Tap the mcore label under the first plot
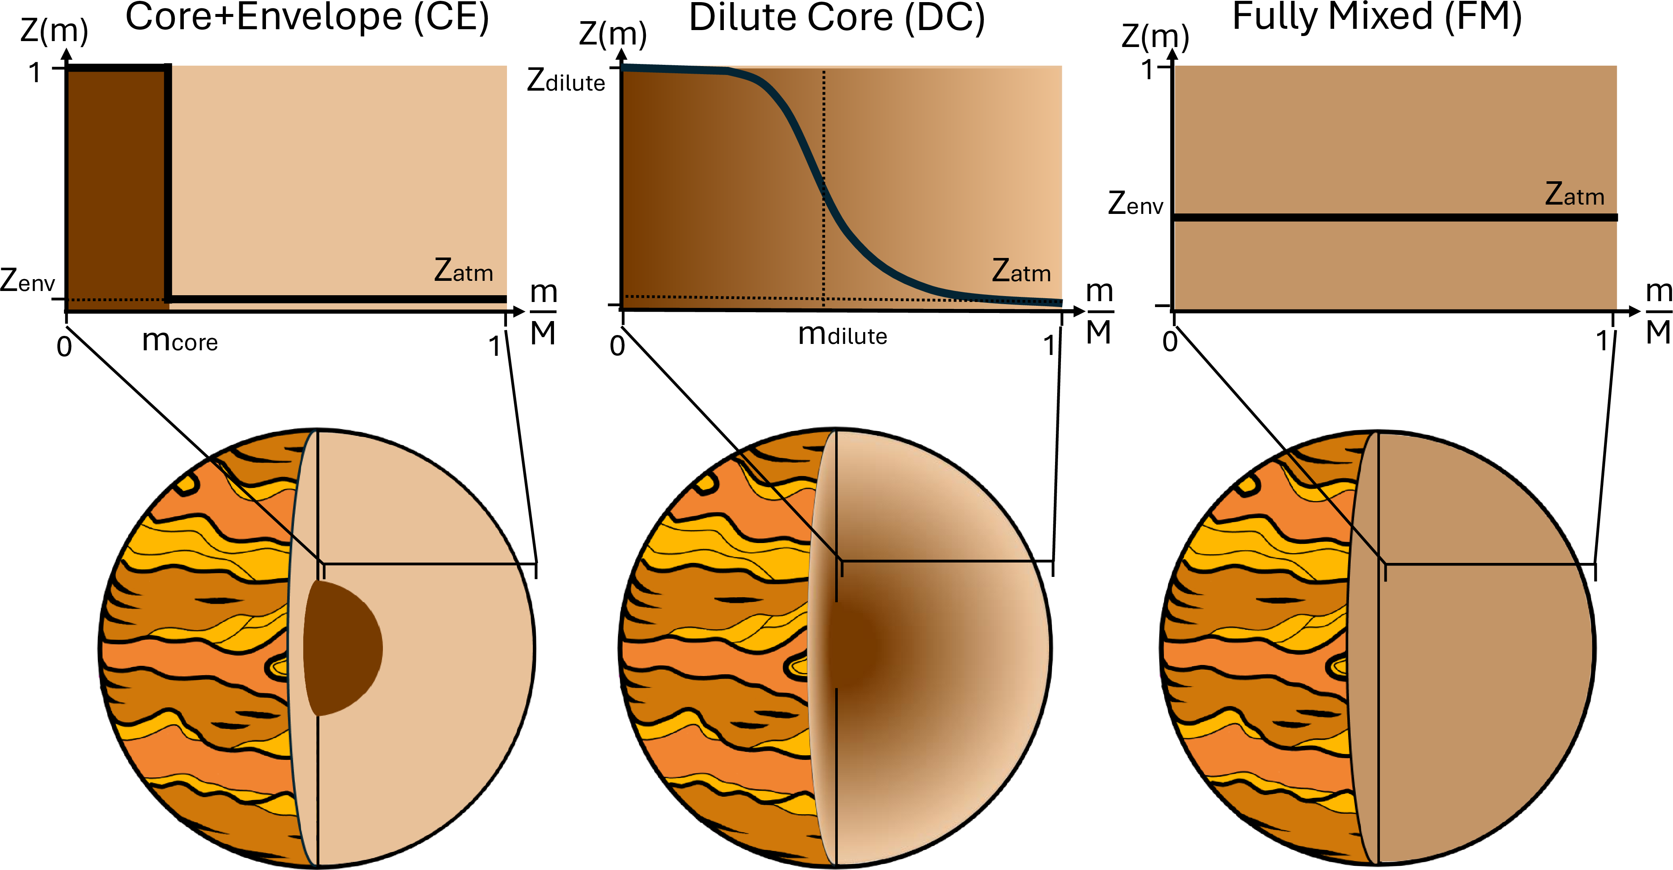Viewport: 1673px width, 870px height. tap(180, 340)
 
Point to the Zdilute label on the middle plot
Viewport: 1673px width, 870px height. tap(566, 81)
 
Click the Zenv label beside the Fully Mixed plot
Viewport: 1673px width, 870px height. tap(1135, 203)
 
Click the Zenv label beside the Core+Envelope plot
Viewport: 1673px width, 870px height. tap(28, 280)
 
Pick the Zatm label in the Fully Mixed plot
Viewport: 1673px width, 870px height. tap(1574, 194)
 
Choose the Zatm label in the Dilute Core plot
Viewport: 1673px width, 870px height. tap(1021, 271)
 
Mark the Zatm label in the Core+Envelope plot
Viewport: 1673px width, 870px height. tap(463, 271)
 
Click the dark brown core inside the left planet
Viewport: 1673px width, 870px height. tap(341, 648)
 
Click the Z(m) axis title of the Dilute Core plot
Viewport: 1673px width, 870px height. tap(612, 34)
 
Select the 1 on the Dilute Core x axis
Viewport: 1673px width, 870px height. tap(1048, 345)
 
